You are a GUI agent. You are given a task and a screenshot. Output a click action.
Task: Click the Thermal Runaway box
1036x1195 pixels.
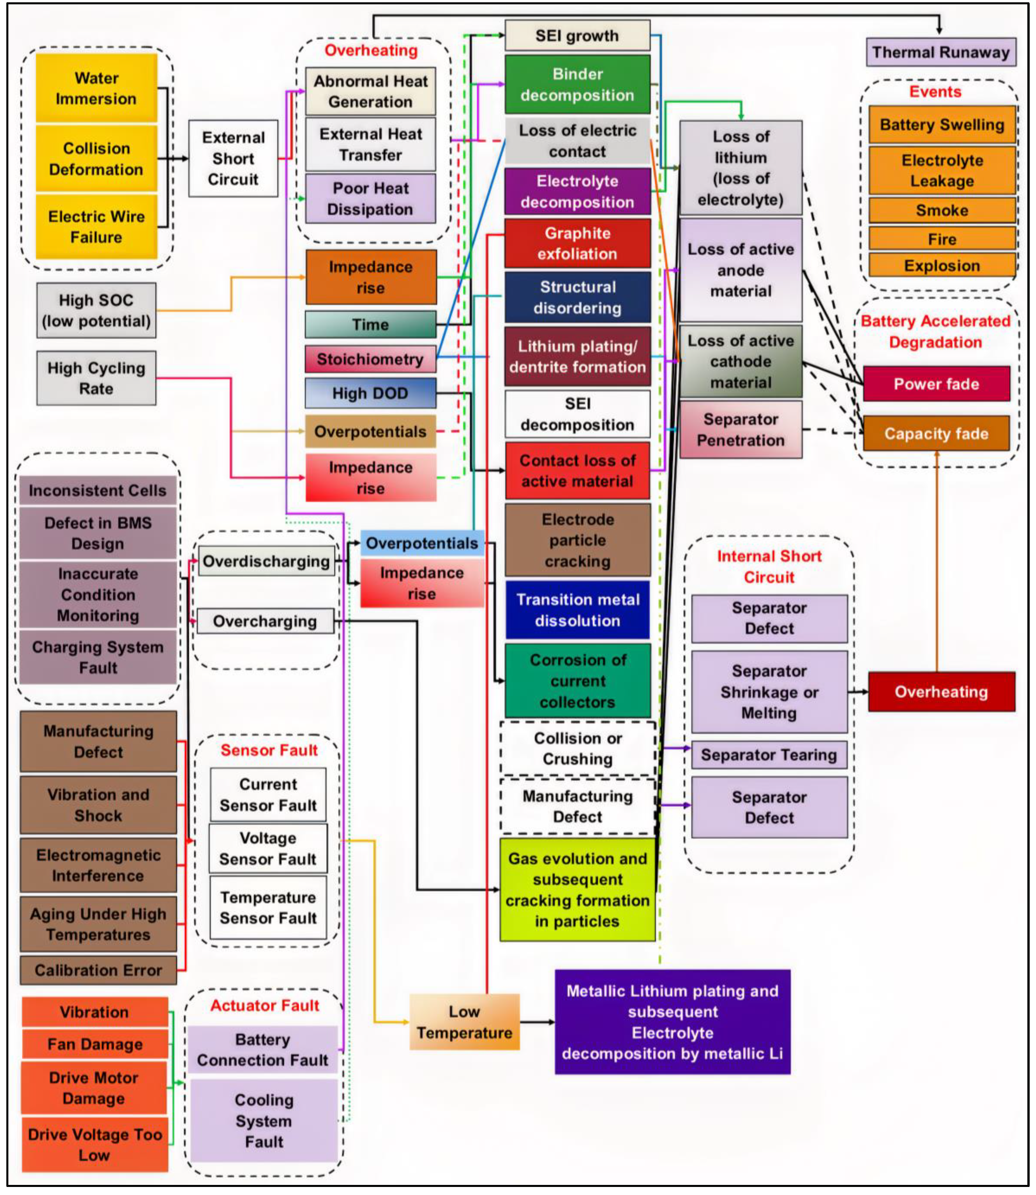941,53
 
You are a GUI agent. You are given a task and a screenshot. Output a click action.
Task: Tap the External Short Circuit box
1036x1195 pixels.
233,158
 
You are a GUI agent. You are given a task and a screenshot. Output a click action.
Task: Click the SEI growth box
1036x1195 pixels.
577,36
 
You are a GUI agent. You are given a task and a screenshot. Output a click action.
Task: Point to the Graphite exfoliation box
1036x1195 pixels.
577,243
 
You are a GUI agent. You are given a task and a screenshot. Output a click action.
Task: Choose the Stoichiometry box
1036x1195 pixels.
370,359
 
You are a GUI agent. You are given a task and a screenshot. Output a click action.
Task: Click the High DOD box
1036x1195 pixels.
370,394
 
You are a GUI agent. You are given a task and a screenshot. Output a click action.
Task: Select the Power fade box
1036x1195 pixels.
936,384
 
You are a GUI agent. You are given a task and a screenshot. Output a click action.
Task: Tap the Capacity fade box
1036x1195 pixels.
936,433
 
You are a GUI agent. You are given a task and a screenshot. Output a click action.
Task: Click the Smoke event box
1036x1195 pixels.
942,210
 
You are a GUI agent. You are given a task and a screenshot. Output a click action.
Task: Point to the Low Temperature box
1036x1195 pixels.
464,1022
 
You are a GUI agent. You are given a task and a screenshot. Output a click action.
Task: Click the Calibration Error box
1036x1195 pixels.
98,970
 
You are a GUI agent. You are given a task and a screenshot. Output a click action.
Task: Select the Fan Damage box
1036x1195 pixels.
95,1044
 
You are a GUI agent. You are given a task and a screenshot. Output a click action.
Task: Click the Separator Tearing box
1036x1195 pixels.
769,755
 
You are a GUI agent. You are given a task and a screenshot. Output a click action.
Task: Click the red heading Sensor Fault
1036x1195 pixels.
269,750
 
